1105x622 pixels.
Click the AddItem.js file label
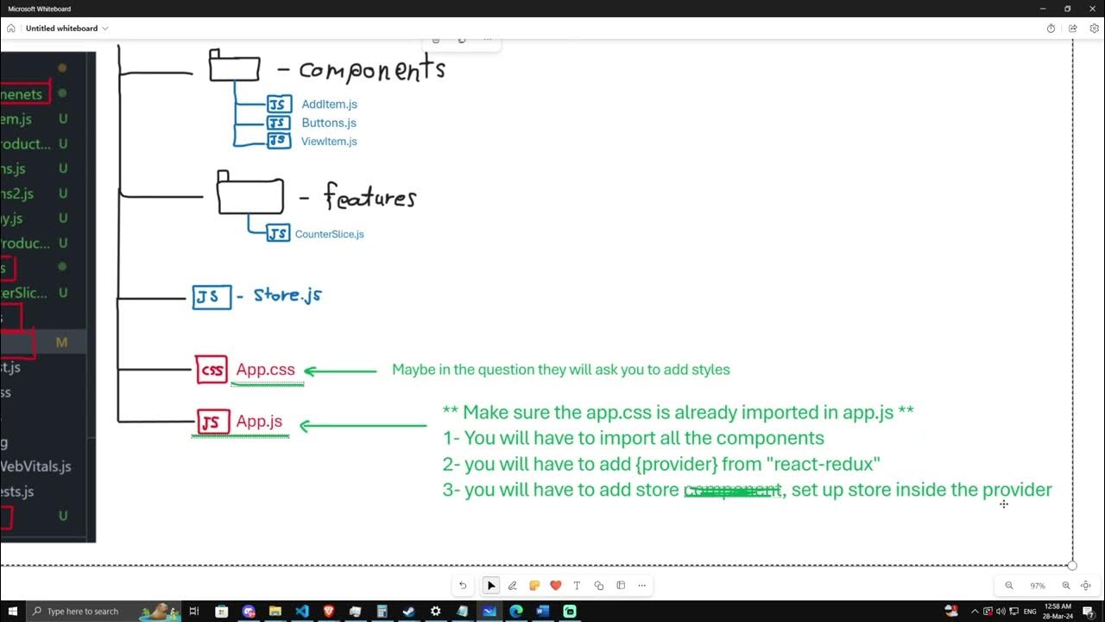click(x=329, y=105)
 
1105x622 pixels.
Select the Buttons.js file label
click(x=328, y=123)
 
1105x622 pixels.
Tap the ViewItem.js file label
click(x=328, y=142)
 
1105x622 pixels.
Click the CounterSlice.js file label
click(x=329, y=234)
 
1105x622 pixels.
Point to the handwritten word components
click(x=372, y=70)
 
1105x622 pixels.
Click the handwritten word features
click(x=370, y=198)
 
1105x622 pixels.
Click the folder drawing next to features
click(x=249, y=194)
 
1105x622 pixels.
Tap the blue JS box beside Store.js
click(x=212, y=297)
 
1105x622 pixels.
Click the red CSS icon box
click(x=212, y=370)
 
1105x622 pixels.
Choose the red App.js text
click(x=259, y=422)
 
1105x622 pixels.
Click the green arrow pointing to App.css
click(x=340, y=371)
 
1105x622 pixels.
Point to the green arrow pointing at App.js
click(x=363, y=425)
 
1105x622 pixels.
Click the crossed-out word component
click(x=732, y=491)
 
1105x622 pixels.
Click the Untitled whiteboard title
click(x=61, y=29)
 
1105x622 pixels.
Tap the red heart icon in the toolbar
click(x=556, y=586)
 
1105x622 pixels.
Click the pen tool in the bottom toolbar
click(x=513, y=586)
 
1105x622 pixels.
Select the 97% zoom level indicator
click(x=1037, y=586)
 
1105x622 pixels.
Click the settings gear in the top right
click(x=1094, y=29)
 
